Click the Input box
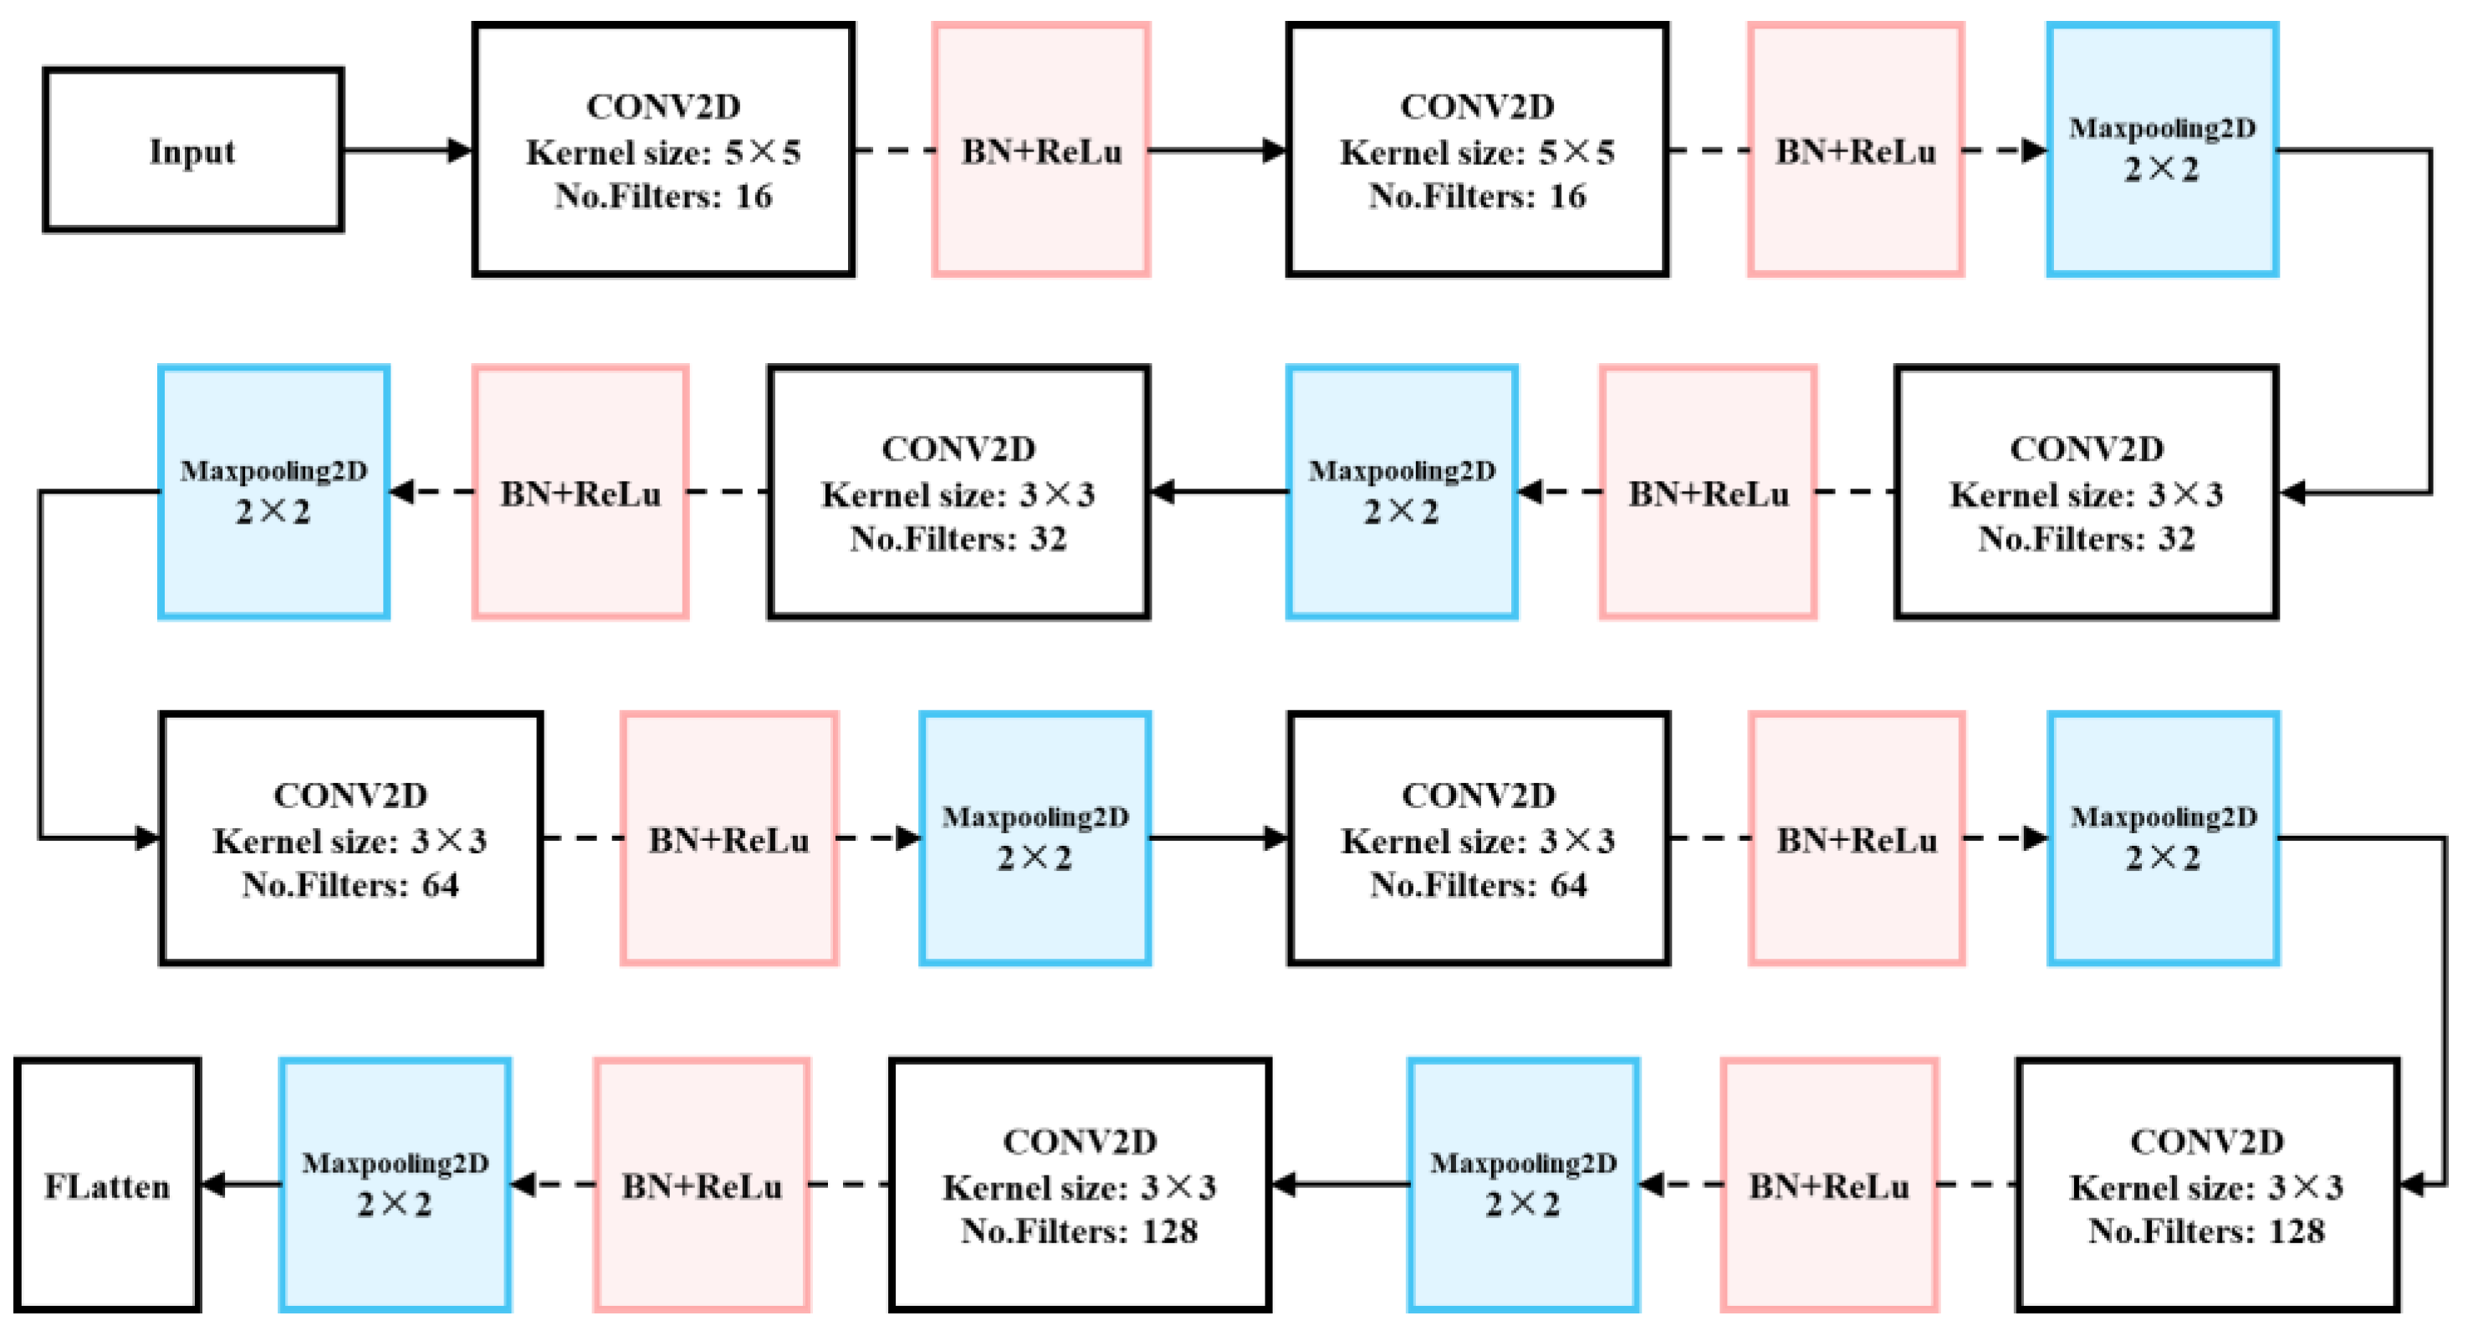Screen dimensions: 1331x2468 [x=192, y=151]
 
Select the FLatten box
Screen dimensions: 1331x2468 [x=107, y=1185]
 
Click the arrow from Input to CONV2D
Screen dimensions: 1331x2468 [x=407, y=151]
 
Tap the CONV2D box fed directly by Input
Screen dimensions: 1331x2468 [x=663, y=151]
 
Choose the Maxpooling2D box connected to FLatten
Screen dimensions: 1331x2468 [x=395, y=1185]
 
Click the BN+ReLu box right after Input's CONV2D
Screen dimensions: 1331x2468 [x=1041, y=151]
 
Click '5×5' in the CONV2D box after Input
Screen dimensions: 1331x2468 [x=763, y=152]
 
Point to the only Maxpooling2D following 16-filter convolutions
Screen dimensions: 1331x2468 [x=2163, y=151]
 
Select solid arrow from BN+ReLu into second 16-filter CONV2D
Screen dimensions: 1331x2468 [x=1217, y=151]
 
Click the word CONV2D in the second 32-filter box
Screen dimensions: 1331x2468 [x=958, y=449]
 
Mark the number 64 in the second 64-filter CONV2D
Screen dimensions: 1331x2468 [x=1568, y=885]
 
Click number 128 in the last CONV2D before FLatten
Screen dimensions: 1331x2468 [x=1170, y=1231]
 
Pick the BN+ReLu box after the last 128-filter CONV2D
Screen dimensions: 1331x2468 [x=703, y=1185]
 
